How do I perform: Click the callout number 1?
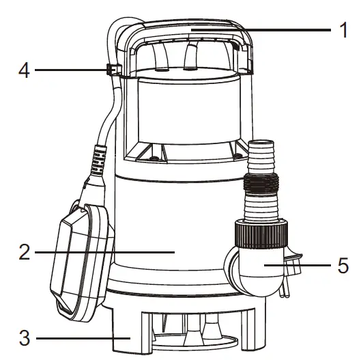[x=344, y=31]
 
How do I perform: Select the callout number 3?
[x=24, y=337]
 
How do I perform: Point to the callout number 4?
[x=24, y=70]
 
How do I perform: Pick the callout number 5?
[x=343, y=265]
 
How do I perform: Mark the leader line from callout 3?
[x=82, y=337]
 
